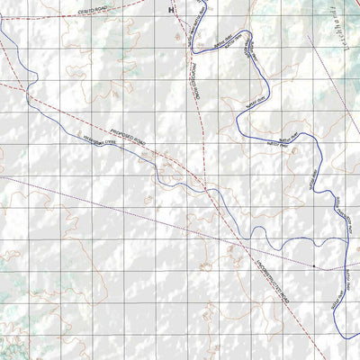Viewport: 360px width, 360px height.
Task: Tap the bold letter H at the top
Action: (171, 8)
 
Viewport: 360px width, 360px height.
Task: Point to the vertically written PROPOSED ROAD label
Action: (192, 76)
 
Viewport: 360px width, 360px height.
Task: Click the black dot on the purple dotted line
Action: (313, 266)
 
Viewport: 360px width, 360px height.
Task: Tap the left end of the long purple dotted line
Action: (2, 173)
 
